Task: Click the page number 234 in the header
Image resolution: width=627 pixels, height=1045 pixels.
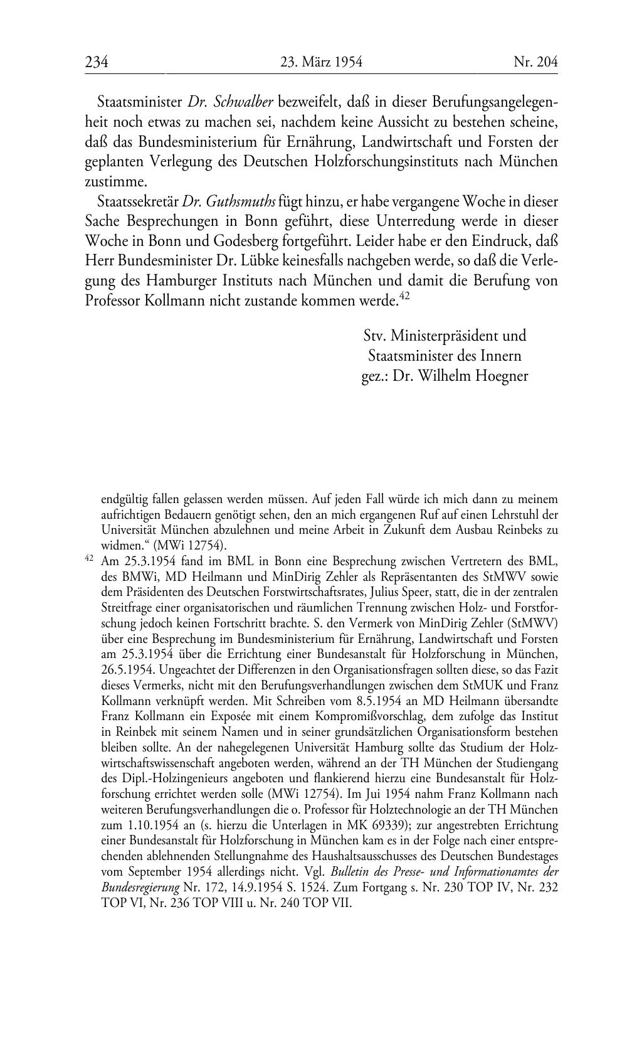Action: [x=97, y=62]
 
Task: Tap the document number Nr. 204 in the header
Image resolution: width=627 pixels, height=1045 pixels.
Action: [x=535, y=62]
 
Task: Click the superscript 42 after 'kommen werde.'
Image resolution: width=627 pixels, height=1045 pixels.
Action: [x=404, y=297]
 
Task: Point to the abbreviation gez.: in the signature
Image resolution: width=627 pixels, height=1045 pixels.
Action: [x=376, y=376]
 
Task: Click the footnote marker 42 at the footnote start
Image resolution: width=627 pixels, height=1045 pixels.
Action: [x=89, y=558]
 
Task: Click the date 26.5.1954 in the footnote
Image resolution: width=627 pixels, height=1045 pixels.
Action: [x=125, y=669]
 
